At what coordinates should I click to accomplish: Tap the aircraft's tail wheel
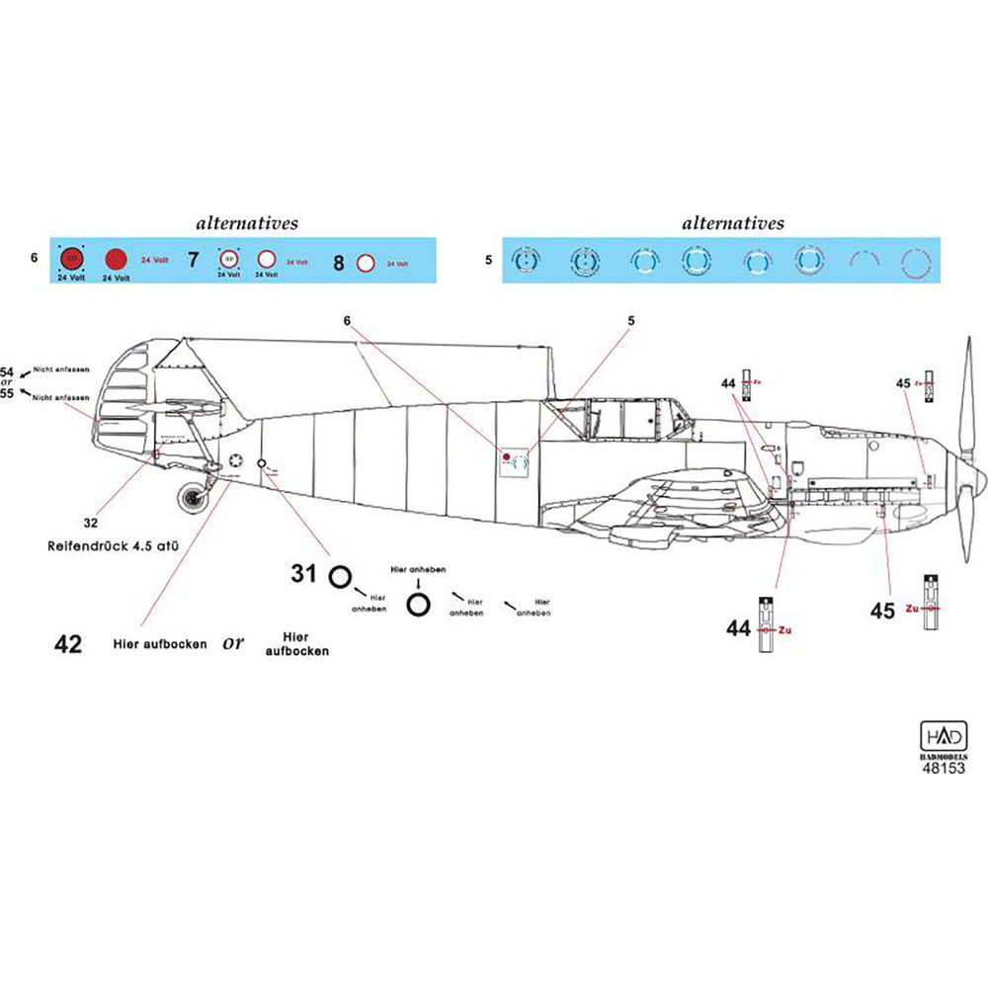(192, 495)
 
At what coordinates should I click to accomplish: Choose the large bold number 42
(68, 645)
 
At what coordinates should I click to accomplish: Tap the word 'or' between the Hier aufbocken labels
(233, 642)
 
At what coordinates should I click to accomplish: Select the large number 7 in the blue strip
(194, 262)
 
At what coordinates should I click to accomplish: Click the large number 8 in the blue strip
(339, 263)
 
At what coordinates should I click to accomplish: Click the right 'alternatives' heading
(733, 223)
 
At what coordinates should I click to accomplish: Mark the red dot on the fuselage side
(506, 456)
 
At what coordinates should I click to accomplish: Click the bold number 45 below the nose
(882, 612)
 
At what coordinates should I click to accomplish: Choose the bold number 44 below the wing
(739, 628)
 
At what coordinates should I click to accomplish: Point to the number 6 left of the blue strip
(34, 259)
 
